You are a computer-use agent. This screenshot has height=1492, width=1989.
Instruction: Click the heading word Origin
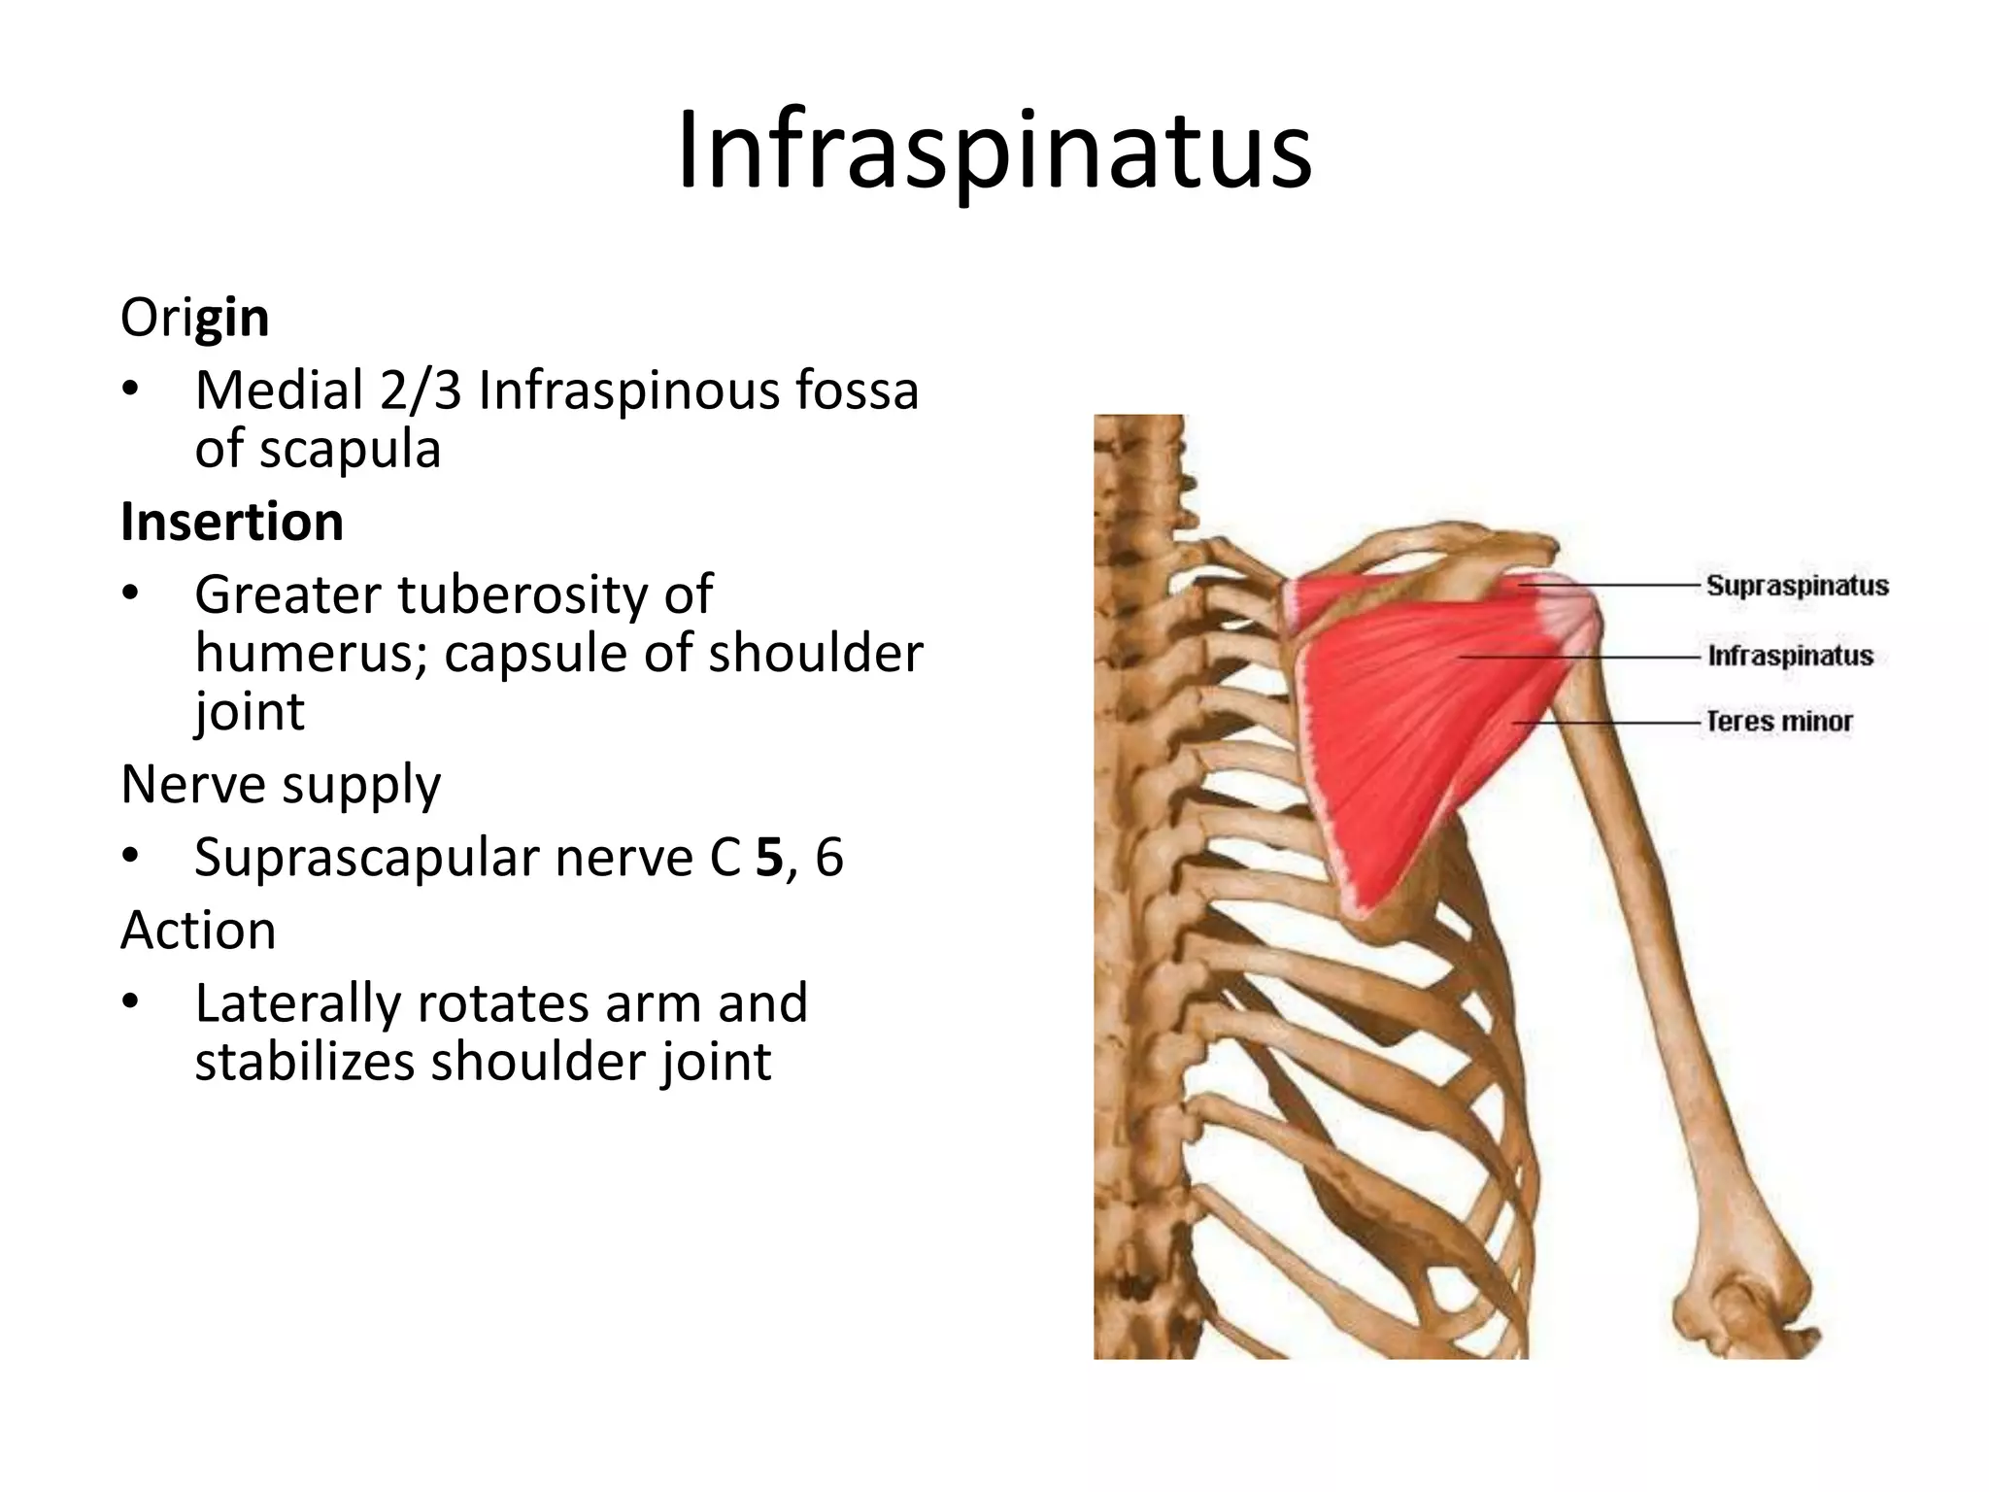pyautogui.click(x=194, y=318)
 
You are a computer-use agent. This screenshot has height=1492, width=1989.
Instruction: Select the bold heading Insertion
pyautogui.click(x=232, y=522)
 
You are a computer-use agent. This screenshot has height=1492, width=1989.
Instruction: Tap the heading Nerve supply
pyautogui.click(x=281, y=784)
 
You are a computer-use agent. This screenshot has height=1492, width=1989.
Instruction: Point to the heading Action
pyautogui.click(x=198, y=931)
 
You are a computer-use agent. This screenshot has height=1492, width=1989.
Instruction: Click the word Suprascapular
pyautogui.click(x=366, y=858)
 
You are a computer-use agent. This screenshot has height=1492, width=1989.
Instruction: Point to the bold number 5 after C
pyautogui.click(x=769, y=858)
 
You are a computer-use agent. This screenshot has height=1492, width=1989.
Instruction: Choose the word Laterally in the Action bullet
pyautogui.click(x=297, y=1003)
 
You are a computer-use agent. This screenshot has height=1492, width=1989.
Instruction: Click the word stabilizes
pyautogui.click(x=305, y=1062)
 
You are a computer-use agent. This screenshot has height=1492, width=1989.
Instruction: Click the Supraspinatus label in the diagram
pyautogui.click(x=1798, y=586)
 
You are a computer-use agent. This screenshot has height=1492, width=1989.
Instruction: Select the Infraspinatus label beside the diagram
pyautogui.click(x=1790, y=656)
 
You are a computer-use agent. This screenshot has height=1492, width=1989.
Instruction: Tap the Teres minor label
pyautogui.click(x=1779, y=722)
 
